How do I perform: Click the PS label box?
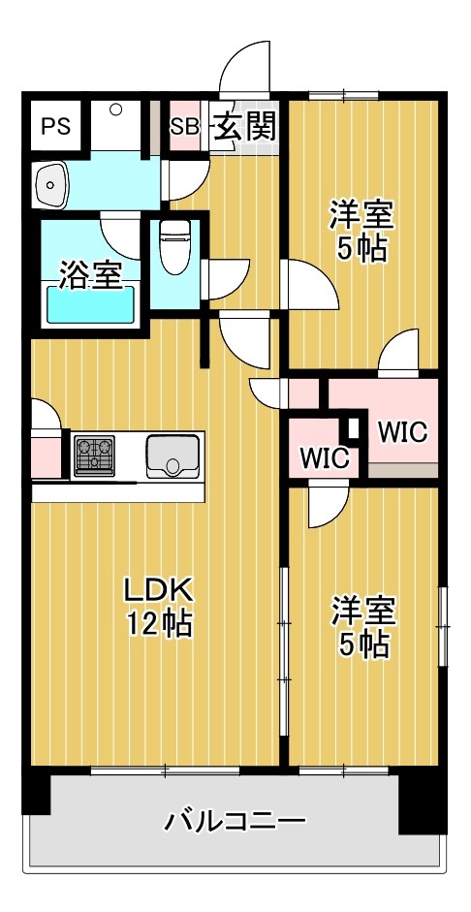pyautogui.click(x=55, y=127)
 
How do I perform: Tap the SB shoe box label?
pyautogui.click(x=184, y=127)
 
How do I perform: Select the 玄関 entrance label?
pyautogui.click(x=245, y=126)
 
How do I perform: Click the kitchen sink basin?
pyautogui.click(x=173, y=455)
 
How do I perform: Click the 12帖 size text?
pyautogui.click(x=158, y=624)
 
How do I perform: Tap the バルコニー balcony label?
pyautogui.click(x=235, y=823)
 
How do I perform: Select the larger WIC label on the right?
pyautogui.click(x=401, y=431)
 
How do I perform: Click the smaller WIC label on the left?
pyautogui.click(x=324, y=457)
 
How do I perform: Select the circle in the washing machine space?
pyautogui.click(x=114, y=110)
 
